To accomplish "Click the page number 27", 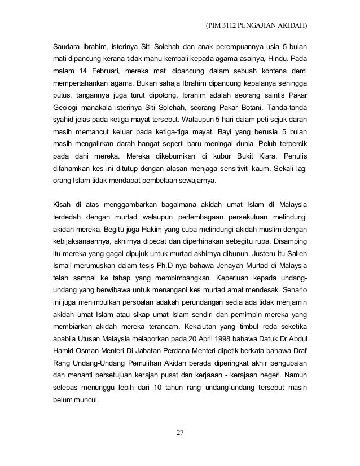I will point(181,433).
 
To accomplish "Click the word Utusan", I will point(87,338).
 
